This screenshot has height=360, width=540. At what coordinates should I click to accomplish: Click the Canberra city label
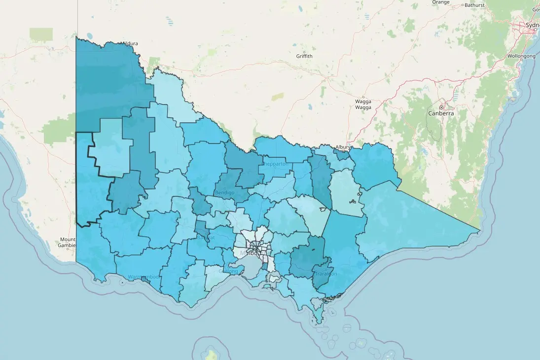[441, 113]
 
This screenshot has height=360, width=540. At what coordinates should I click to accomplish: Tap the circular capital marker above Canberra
[441, 107]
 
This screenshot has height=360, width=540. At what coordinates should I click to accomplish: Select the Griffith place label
[304, 56]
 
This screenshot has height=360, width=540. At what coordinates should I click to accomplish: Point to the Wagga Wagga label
[363, 104]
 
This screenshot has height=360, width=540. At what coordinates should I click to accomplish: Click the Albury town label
[342, 147]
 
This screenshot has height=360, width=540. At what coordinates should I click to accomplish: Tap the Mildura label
[130, 43]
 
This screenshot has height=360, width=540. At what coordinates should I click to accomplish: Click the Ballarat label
[206, 237]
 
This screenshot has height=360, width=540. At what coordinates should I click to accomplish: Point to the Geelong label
[228, 271]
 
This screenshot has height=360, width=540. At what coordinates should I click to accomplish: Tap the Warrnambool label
[144, 277]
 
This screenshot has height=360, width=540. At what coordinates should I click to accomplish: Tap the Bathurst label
[474, 5]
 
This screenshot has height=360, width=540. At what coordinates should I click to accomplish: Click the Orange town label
[440, 2]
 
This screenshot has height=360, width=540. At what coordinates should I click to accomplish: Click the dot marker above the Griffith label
[304, 51]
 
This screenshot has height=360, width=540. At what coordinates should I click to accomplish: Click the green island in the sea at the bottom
[212, 354]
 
